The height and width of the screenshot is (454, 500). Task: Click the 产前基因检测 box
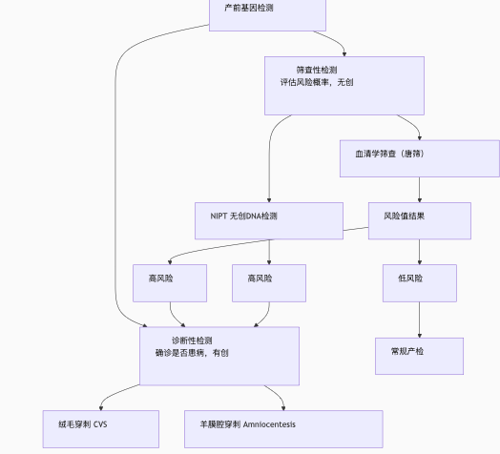coord(267,15)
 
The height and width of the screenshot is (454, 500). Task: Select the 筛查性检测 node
coord(344,86)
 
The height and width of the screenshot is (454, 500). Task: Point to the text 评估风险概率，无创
coord(317,82)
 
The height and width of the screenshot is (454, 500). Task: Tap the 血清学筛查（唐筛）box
coord(420,158)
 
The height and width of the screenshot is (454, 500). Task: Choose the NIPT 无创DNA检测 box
coord(269,220)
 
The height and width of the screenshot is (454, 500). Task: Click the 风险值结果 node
coord(420,220)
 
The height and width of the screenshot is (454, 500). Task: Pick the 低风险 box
coord(420,283)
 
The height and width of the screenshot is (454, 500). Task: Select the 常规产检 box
coord(419,356)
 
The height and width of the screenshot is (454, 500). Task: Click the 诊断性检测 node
coord(219,356)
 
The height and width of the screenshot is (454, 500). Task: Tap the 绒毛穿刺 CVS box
coord(101,429)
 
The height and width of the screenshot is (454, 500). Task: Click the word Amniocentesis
coord(269,424)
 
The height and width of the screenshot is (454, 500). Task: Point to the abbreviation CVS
coord(100,424)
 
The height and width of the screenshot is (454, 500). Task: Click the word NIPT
coord(219,217)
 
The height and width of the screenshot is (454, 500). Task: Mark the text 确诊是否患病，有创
coord(192,353)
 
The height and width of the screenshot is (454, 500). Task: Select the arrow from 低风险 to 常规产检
coord(420,320)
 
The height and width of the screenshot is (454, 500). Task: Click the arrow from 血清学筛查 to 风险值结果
coord(420,190)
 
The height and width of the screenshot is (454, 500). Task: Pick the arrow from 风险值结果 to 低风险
coord(420,252)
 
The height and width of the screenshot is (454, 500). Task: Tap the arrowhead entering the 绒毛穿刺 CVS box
coord(101,408)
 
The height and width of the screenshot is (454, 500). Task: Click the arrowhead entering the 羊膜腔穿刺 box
coord(283,408)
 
